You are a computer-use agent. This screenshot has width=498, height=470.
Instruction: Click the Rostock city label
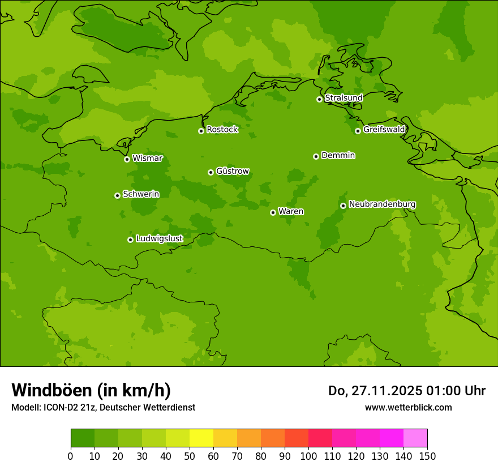tap(222, 130)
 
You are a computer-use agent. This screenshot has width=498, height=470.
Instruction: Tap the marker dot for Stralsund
tap(319, 99)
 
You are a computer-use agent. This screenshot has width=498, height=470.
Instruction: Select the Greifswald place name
tap(384, 130)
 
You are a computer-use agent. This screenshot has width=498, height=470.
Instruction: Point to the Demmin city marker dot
tap(316, 156)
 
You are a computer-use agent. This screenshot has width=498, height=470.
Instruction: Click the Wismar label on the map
tap(147, 159)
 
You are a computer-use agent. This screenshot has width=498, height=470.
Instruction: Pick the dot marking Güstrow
tap(211, 172)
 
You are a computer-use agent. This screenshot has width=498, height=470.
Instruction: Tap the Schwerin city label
tap(141, 194)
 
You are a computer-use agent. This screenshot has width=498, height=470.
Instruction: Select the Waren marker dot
tap(273, 212)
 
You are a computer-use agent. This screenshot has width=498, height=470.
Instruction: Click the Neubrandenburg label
tap(382, 204)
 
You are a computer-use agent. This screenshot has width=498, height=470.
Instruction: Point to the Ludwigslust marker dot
tap(130, 240)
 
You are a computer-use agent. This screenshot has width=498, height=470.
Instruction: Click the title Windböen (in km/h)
tap(91, 390)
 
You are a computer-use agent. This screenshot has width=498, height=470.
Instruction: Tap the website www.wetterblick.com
tap(408, 407)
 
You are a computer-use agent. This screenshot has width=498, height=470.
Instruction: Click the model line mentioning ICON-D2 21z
tap(103, 407)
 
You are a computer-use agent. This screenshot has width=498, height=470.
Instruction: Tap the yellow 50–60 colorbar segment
tap(201, 438)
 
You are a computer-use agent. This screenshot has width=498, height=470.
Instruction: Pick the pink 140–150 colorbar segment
tap(415, 438)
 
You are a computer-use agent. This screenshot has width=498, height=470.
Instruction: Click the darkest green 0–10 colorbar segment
tap(83, 438)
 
